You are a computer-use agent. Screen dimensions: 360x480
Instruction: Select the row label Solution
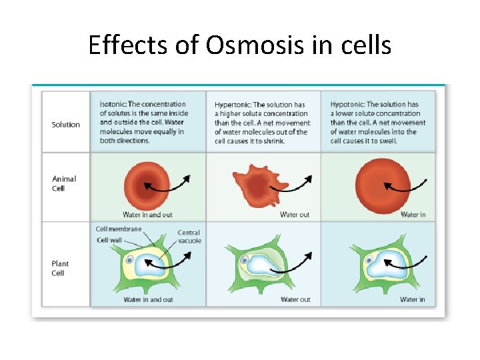(x=65, y=125)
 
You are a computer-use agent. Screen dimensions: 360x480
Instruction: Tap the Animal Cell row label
(x=64, y=183)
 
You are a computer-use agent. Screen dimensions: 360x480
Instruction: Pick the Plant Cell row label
(x=60, y=268)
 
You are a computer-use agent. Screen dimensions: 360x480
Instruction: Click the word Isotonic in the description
(x=113, y=104)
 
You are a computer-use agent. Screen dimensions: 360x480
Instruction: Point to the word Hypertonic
(x=232, y=105)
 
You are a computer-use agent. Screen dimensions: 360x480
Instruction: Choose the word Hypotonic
(x=347, y=105)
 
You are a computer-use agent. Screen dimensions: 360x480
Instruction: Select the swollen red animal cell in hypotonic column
(x=378, y=183)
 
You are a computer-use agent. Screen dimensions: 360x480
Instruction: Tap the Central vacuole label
(x=189, y=237)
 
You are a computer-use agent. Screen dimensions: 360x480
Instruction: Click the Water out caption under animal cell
(x=295, y=215)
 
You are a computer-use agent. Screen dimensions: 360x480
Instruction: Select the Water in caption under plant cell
(x=412, y=299)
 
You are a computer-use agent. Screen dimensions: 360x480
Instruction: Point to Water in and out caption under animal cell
(x=148, y=215)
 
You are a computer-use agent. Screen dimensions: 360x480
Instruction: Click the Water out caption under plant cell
(x=295, y=299)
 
